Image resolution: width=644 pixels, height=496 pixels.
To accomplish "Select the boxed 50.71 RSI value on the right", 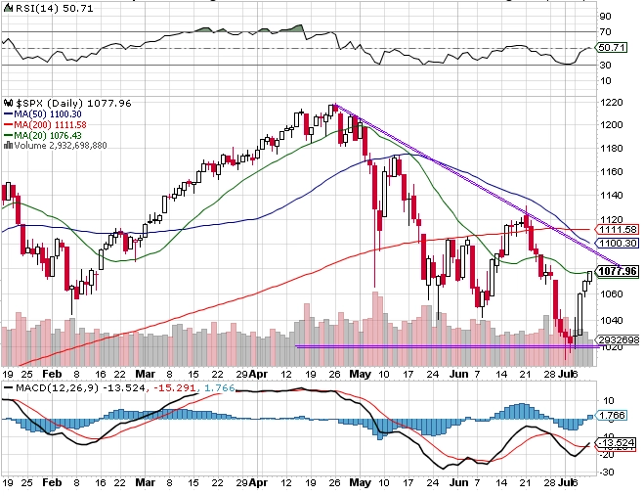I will click(611, 47).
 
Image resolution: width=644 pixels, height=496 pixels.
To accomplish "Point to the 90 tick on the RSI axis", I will click(605, 17).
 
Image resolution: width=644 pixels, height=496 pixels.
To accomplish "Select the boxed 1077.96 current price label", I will click(617, 271).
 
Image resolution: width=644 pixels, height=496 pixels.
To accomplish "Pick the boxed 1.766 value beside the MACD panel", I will click(611, 414).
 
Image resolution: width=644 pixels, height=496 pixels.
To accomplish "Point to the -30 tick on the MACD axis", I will click(608, 472).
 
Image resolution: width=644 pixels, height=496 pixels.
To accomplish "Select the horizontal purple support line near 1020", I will click(440, 345).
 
